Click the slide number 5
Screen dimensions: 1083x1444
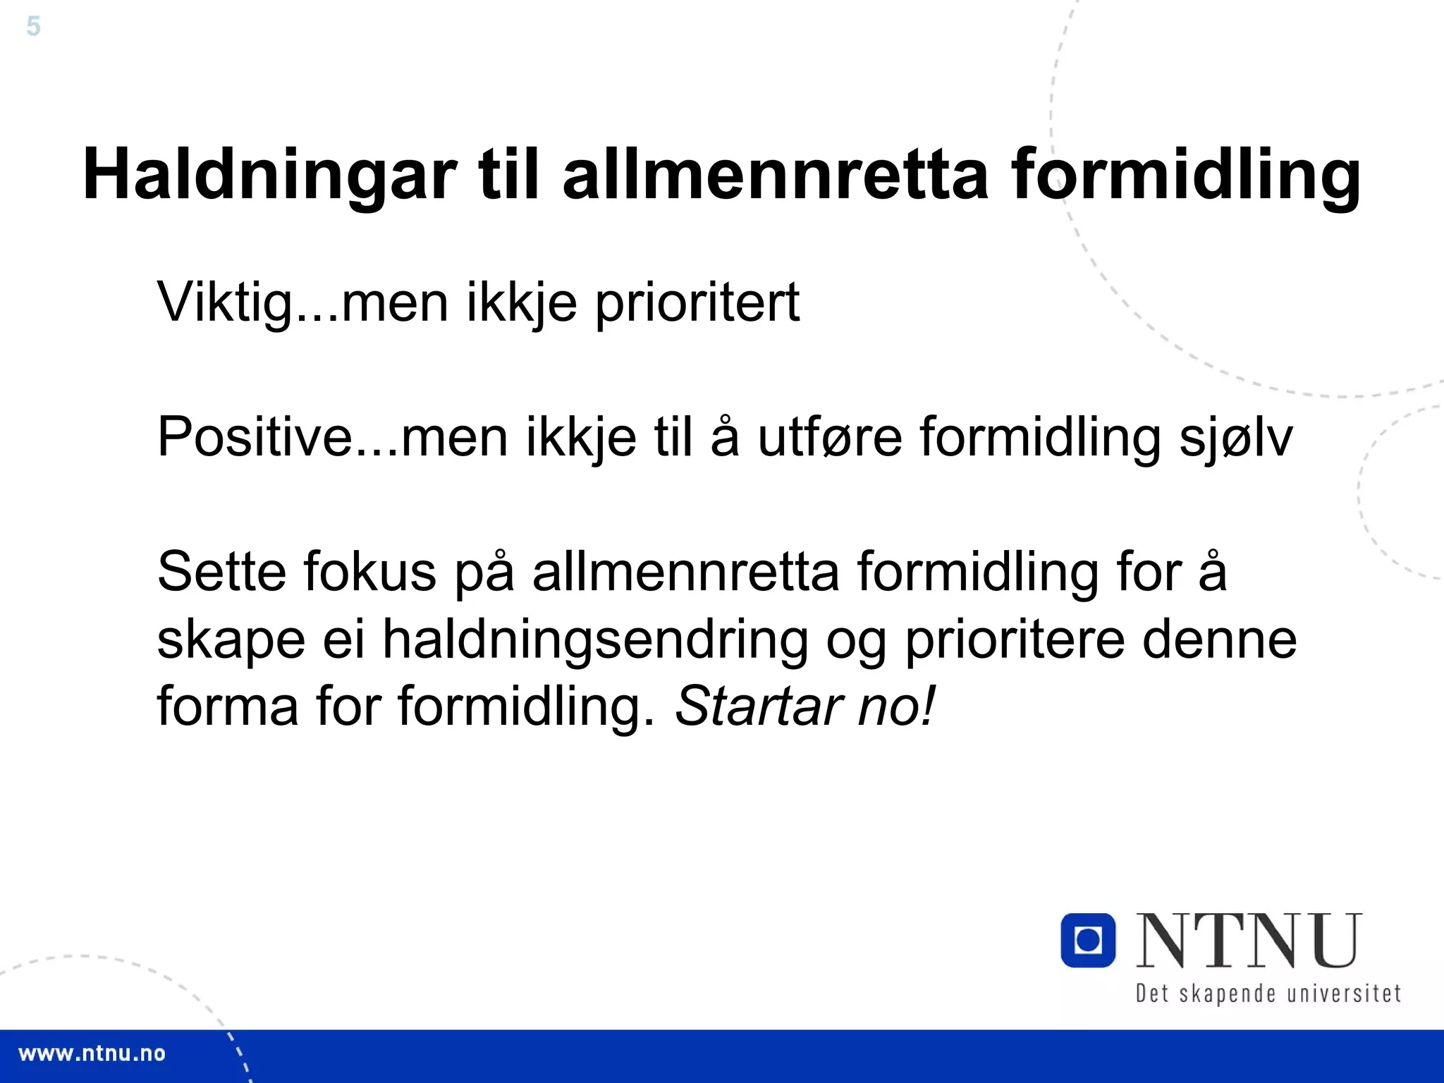pyautogui.click(x=33, y=27)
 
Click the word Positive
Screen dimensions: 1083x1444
pyautogui.click(x=254, y=437)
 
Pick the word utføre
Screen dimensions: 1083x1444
pyautogui.click(x=829, y=437)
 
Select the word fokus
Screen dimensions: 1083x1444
pyautogui.click(x=370, y=571)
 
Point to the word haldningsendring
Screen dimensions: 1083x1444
pyautogui.click(x=595, y=640)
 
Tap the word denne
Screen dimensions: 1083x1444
pyautogui.click(x=1219, y=640)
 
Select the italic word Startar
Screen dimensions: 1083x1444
pyautogui.click(x=759, y=706)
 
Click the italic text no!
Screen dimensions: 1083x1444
pyautogui.click(x=896, y=706)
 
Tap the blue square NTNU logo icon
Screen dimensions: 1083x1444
pyautogui.click(x=1088, y=940)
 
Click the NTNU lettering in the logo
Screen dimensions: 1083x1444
pyautogui.click(x=1249, y=941)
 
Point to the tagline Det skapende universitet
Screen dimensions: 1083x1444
pyautogui.click(x=1268, y=993)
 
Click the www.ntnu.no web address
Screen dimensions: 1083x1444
pyautogui.click(x=92, y=1054)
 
